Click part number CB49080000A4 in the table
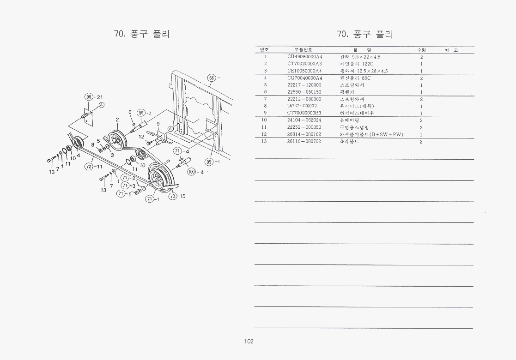click(x=304, y=57)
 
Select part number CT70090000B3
click(x=304, y=113)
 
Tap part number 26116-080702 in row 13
click(x=304, y=141)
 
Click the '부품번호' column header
click(x=303, y=49)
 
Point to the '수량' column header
click(x=421, y=49)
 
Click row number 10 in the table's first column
click(x=265, y=120)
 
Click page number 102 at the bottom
click(x=249, y=342)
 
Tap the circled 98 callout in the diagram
click(x=89, y=97)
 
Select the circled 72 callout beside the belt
click(x=88, y=166)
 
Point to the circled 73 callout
click(x=173, y=196)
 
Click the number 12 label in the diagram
click(x=141, y=137)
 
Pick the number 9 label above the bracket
click(x=158, y=124)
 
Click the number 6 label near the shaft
click(x=130, y=112)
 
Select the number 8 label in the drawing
click(x=92, y=145)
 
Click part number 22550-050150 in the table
click(x=304, y=92)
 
